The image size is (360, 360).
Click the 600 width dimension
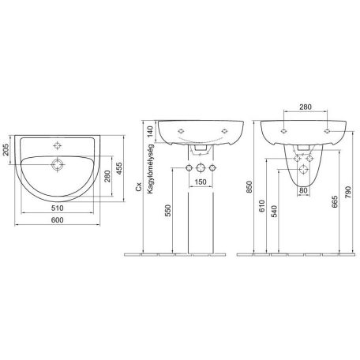58,220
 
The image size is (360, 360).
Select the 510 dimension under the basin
58,208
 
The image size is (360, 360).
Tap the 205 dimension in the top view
6,149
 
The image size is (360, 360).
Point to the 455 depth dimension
119,169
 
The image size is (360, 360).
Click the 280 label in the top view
107,176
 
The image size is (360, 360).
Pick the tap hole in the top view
57,145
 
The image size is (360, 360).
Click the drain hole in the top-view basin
58,165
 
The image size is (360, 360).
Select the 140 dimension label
150,133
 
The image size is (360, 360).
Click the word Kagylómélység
150,169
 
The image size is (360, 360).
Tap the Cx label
138,186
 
